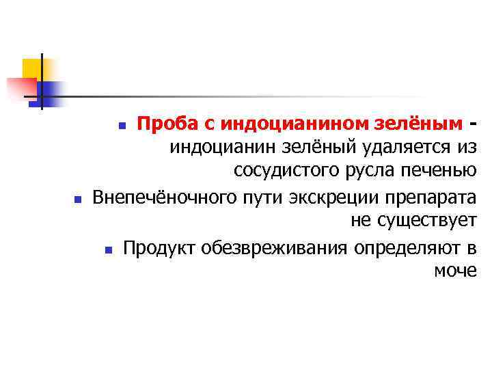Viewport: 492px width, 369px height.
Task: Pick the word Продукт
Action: (x=159, y=247)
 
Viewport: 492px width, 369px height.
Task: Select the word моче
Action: (x=455, y=271)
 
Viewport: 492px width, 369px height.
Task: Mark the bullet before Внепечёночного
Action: (x=77, y=200)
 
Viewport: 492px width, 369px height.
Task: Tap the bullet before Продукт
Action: (x=109, y=249)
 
